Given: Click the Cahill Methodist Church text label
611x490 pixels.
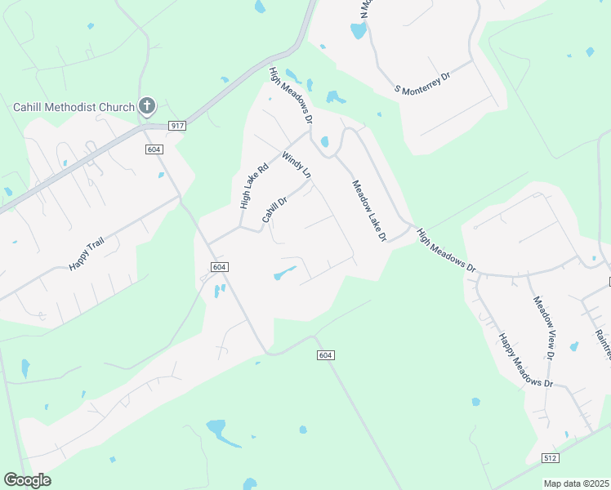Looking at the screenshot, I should [74, 107].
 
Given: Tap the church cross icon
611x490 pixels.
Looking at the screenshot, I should [147, 105].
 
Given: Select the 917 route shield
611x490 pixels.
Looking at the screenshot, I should [177, 125].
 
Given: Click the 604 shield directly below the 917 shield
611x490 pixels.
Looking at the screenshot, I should [154, 149].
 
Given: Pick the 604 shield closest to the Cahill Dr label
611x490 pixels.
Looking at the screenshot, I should [219, 267].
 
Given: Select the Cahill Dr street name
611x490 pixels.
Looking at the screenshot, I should [274, 209].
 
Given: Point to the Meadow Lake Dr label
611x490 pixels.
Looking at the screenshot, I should [368, 212].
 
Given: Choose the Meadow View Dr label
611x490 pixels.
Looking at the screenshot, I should [543, 327].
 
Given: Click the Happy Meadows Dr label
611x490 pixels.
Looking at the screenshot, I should [526, 360].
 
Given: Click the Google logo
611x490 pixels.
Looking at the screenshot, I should [27, 479].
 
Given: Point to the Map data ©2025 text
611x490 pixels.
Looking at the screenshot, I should [576, 483].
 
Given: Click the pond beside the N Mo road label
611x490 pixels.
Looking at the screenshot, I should [358, 31].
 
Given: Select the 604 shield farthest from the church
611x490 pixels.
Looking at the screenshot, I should [325, 354].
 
